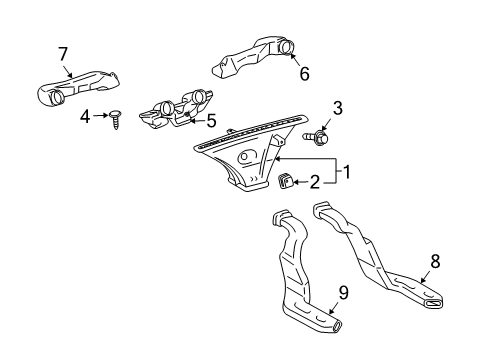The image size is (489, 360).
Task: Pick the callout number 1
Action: click(x=347, y=171)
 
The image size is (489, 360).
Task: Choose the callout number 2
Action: click(x=314, y=182)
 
